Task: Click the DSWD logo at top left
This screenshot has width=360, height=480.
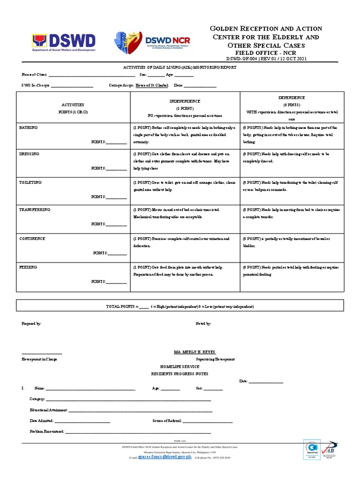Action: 64,43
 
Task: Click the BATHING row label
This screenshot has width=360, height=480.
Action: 28,127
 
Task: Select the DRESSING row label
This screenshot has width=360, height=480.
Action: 29,154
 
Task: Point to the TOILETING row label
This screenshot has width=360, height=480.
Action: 30,182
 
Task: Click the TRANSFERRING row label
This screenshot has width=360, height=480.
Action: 35,210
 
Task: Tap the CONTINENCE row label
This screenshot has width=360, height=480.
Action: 32,239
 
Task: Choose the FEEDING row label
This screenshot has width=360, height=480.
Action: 28,267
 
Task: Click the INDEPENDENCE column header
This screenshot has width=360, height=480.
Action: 184,101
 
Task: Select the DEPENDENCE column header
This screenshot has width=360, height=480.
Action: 292,97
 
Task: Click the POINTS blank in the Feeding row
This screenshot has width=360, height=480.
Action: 116,283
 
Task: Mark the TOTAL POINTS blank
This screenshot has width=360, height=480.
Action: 144,307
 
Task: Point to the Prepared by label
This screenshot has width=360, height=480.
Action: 31,323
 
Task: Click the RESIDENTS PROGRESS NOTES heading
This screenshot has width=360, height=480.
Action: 174,374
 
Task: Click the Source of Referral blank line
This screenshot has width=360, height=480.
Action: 207,421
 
